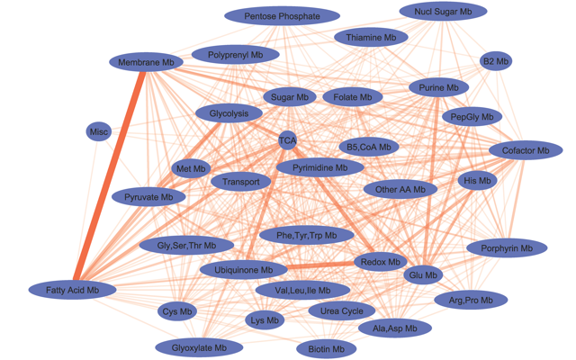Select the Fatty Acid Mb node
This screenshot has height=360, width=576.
click(x=74, y=290)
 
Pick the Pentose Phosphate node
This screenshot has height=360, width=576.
click(x=282, y=16)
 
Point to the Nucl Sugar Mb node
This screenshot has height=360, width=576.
click(x=443, y=12)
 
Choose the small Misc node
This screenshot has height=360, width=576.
click(x=99, y=132)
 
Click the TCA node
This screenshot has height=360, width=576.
click(x=287, y=140)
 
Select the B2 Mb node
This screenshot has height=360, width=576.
click(x=496, y=61)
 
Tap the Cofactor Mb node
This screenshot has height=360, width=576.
click(x=526, y=150)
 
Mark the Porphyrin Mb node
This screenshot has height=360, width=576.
click(x=507, y=247)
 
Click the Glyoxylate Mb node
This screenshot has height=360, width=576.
click(x=200, y=347)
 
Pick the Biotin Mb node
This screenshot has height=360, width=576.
click(x=326, y=349)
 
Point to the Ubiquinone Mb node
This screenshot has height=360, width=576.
click(x=243, y=269)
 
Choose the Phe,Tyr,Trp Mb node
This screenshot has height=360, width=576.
click(x=307, y=236)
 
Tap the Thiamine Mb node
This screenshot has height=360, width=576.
click(x=371, y=38)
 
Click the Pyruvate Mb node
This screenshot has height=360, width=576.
click(x=148, y=197)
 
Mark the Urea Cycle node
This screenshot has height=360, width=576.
click(x=341, y=311)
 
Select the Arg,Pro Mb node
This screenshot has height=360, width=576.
click(x=471, y=300)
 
